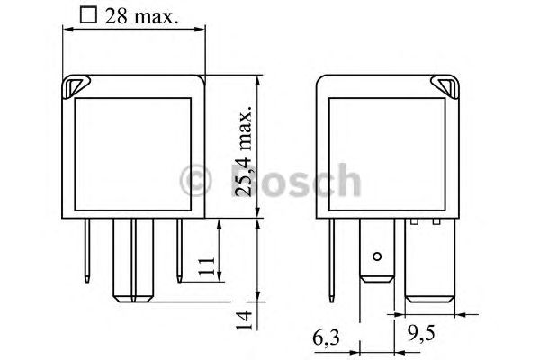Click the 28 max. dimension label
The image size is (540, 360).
[x=142, y=16]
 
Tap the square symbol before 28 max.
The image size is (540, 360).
[x=88, y=15]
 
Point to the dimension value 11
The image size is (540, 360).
[x=207, y=266]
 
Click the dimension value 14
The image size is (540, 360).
[x=244, y=320]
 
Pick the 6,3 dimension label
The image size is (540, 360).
[x=326, y=338]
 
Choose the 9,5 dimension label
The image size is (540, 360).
[x=421, y=333]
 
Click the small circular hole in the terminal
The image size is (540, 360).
[x=377, y=256]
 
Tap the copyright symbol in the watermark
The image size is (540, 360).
[x=195, y=181]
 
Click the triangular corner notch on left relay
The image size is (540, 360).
[x=76, y=85]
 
